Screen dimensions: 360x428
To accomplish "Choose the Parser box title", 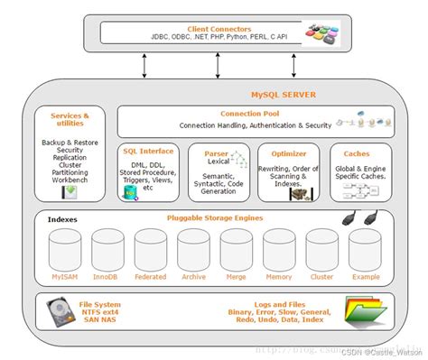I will point(215,153).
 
